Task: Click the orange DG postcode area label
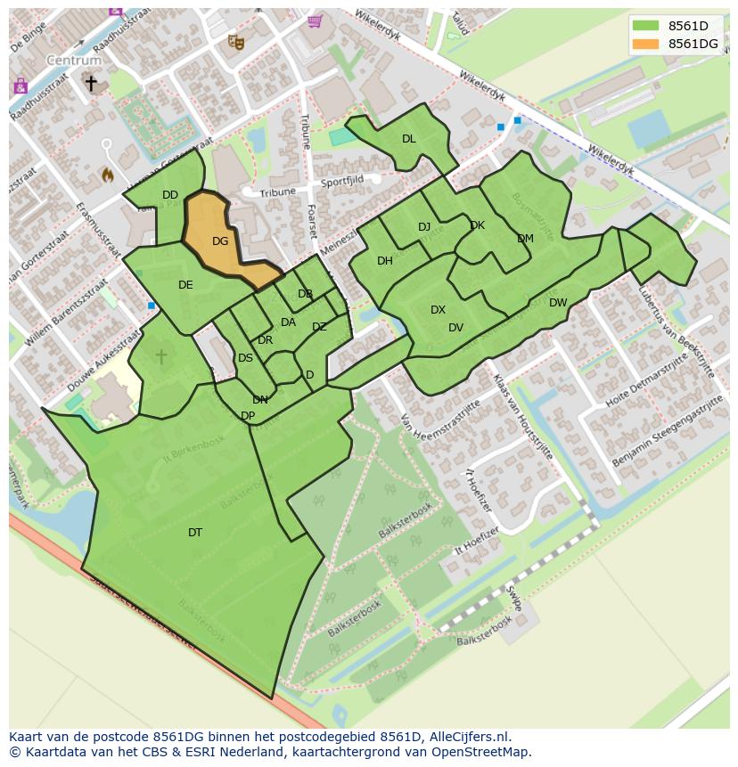click(x=220, y=241)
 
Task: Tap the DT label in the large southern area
click(x=195, y=533)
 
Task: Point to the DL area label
click(x=408, y=139)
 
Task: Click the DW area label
click(x=558, y=303)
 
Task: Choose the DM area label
click(x=525, y=239)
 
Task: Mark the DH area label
click(x=385, y=261)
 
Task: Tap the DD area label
click(x=170, y=195)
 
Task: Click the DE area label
click(x=185, y=285)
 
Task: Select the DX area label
click(x=438, y=310)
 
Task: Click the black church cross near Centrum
click(x=91, y=83)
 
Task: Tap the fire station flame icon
click(x=108, y=175)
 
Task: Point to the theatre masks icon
click(x=235, y=41)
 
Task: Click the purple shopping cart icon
click(x=314, y=20)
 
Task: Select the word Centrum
click(x=74, y=61)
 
